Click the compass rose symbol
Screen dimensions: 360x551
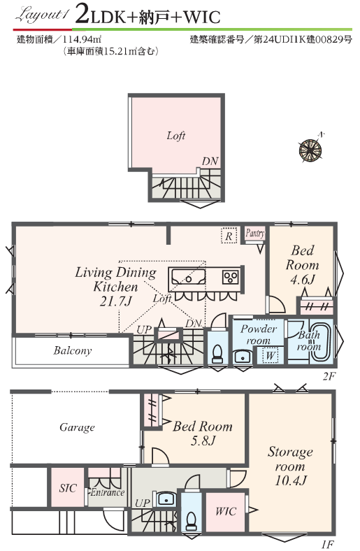tap(310, 149)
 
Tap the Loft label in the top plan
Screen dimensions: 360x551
tap(176, 136)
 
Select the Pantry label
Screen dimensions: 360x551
tap(255, 233)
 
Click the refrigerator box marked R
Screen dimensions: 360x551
tap(229, 236)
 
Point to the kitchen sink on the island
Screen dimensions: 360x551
tap(187, 277)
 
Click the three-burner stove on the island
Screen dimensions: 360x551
tap(231, 278)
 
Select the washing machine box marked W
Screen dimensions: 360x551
tap(270, 355)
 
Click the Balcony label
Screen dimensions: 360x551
tap(73, 350)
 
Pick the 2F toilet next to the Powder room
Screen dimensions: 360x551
tap(217, 352)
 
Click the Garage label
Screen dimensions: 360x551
tap(77, 427)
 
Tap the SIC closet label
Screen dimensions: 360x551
tap(67, 488)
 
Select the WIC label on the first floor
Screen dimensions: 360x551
tap(226, 511)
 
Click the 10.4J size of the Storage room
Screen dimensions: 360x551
tap(291, 480)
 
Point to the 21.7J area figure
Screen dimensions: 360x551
tap(115, 301)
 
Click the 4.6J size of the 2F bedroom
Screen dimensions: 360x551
tap(303, 280)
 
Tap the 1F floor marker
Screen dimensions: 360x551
tap(327, 544)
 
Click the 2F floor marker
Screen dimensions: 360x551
tap(329, 376)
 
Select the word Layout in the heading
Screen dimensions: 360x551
tap(40, 16)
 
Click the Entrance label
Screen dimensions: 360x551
tap(107, 492)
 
